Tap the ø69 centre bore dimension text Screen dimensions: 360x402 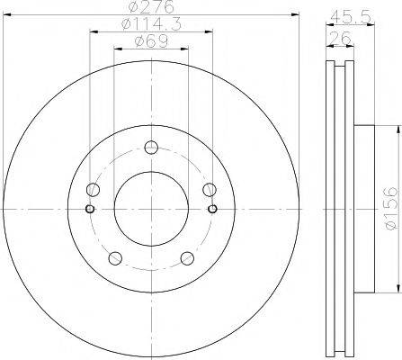click(149, 42)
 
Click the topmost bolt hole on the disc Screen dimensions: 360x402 click(150, 148)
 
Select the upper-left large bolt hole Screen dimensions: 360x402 click(92, 190)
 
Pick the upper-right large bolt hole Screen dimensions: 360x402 click(209, 189)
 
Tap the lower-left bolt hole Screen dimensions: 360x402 click(113, 257)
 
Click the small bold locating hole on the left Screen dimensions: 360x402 click(89, 210)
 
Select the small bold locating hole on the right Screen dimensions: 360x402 click(211, 210)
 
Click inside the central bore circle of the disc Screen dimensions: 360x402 click(150, 210)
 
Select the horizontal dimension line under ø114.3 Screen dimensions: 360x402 click(149, 34)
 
